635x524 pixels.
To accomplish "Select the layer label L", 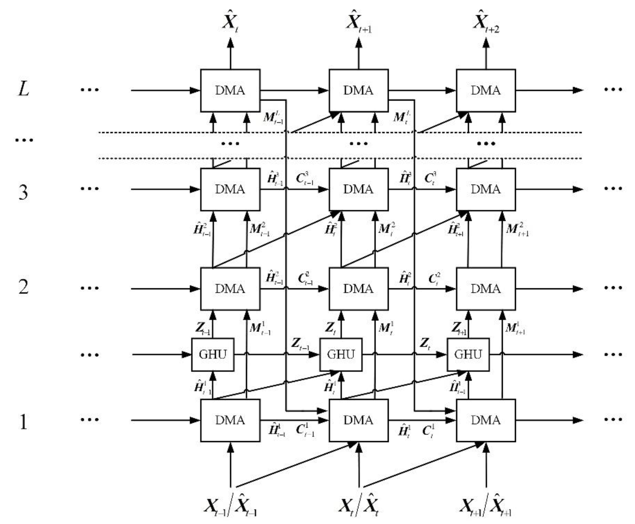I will click(x=24, y=90).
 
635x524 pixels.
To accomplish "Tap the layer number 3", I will click(x=24, y=192).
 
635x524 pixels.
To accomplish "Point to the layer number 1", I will click(x=24, y=422).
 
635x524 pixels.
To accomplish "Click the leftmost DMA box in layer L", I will click(x=230, y=90).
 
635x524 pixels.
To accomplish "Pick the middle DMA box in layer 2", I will click(x=358, y=289).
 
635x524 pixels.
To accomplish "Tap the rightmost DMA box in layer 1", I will click(x=485, y=420).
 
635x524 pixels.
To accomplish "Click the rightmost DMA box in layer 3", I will click(x=485, y=189).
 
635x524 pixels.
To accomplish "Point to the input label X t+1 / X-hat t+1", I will click(x=485, y=507).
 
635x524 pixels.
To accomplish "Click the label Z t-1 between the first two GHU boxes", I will click(x=300, y=344).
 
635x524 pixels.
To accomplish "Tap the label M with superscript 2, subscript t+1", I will click(x=517, y=229).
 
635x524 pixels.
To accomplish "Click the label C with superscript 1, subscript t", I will click(x=428, y=431).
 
